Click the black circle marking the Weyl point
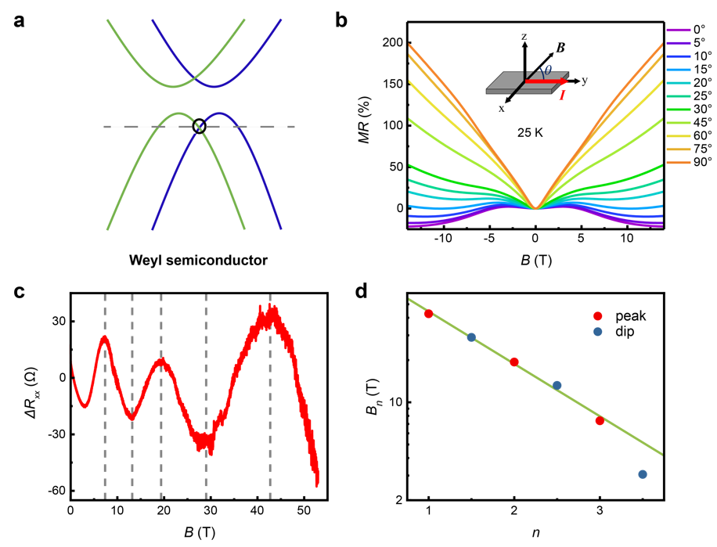coord(199,126)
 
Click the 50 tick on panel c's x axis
coord(303,512)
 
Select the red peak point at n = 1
coord(428,314)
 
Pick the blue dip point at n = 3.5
coord(643,474)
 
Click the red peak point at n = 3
coord(600,420)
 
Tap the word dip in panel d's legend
coord(624,332)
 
